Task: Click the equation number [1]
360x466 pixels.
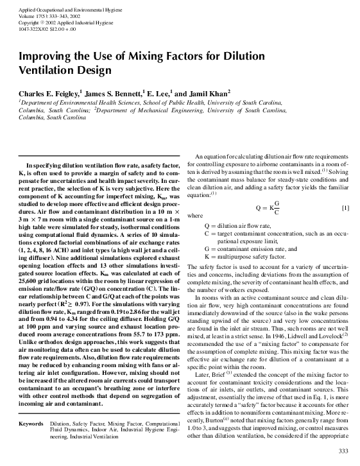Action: pyautogui.click(x=345, y=209)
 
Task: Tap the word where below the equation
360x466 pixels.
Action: pyautogui.click(x=193, y=217)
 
